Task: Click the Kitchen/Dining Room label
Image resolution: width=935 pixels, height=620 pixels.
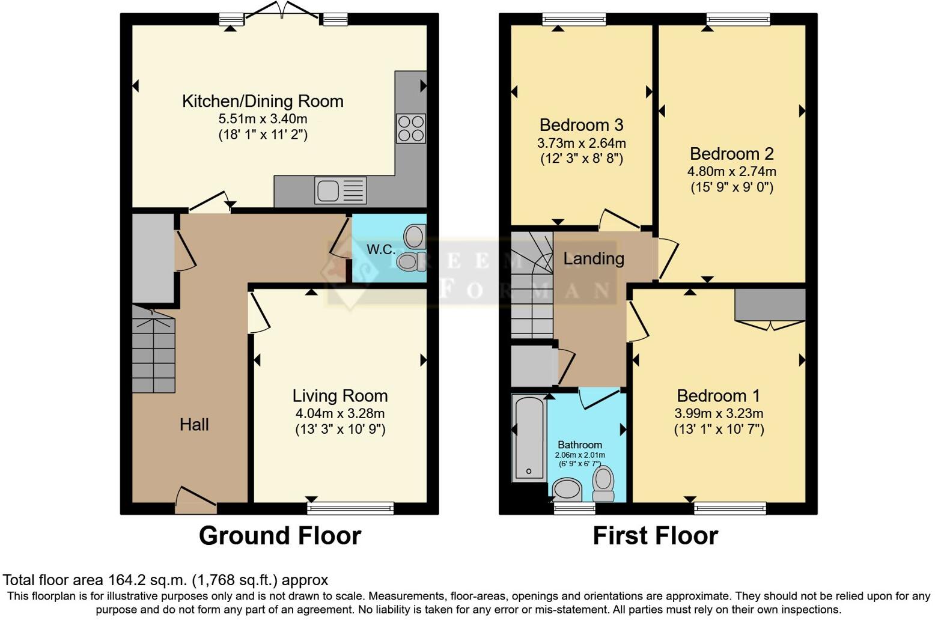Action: point(263,101)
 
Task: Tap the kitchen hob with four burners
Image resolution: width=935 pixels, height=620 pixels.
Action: point(410,128)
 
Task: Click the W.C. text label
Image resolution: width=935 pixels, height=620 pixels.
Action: point(381,249)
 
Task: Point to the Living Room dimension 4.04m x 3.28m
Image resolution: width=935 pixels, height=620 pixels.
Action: point(340,413)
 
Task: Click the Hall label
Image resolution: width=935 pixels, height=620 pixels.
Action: point(194,425)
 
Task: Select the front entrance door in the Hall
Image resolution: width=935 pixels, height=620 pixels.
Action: point(196,500)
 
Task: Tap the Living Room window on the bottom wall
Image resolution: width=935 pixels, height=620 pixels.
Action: point(350,509)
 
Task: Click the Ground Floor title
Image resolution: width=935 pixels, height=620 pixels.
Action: point(279,535)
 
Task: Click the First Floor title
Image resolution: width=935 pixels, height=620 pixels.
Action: point(655,535)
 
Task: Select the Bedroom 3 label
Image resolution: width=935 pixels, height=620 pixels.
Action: point(581,125)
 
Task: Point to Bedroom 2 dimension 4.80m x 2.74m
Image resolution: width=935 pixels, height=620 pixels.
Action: point(731,172)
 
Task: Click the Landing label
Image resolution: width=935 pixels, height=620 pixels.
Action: point(593,259)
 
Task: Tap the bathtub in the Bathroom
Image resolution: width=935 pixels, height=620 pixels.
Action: point(529,437)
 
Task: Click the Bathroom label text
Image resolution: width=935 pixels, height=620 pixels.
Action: point(579,445)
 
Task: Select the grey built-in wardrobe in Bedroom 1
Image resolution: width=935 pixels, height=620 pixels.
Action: point(770,305)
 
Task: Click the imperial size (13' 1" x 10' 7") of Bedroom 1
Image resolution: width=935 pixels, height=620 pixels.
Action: point(719,429)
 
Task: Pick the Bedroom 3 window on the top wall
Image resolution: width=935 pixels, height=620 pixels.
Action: point(573,20)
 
